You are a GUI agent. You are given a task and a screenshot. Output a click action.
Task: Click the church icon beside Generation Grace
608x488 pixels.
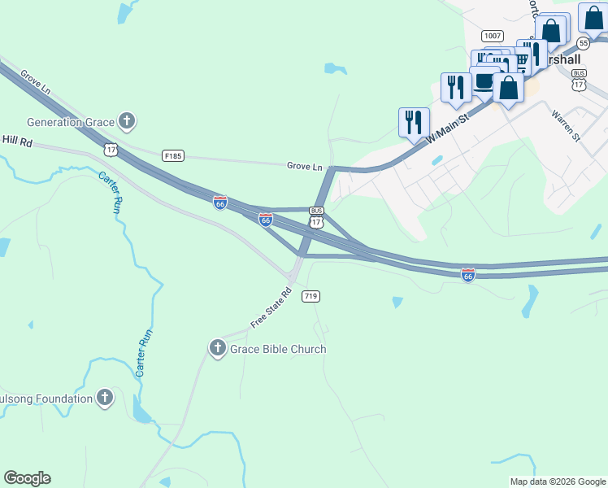click(126, 122)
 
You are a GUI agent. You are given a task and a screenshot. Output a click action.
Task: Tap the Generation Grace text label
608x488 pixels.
click(70, 123)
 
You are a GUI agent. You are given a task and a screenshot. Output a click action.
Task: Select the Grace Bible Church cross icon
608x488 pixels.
click(217, 349)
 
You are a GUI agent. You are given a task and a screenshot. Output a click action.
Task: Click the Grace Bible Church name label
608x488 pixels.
click(278, 349)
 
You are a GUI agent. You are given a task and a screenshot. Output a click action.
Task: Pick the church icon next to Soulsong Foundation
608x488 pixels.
click(105, 399)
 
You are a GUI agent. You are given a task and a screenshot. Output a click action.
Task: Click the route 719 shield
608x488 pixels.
click(310, 297)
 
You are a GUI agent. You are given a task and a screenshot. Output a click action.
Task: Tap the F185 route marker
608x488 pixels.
click(172, 155)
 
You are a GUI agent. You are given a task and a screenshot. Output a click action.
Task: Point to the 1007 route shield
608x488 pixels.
click(492, 36)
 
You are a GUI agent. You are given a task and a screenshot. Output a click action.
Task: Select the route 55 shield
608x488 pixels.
click(584, 42)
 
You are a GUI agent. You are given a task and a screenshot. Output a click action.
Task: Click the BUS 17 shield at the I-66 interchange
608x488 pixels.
click(317, 217)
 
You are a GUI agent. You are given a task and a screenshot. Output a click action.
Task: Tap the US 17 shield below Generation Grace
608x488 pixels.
click(111, 149)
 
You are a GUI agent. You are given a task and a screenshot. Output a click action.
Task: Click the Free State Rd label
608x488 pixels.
click(271, 307)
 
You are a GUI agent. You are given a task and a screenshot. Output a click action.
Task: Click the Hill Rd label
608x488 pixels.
click(16, 142)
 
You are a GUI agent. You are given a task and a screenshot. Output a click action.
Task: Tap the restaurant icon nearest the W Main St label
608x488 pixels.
click(414, 122)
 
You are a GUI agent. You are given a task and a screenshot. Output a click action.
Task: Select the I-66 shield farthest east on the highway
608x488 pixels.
click(467, 275)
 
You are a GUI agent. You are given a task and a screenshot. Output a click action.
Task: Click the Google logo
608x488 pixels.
click(27, 478)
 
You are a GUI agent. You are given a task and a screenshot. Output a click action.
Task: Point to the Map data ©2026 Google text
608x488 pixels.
click(557, 481)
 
